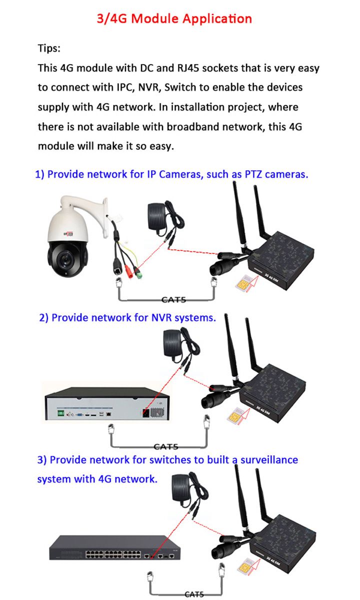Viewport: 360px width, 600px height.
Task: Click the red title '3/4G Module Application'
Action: tap(174, 19)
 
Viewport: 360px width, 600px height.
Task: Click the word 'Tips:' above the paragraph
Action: tap(49, 48)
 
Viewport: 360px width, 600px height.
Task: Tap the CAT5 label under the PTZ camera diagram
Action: tap(174, 300)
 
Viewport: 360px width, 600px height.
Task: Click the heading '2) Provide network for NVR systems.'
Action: tap(127, 317)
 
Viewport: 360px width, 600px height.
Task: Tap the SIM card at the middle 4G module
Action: tap(234, 415)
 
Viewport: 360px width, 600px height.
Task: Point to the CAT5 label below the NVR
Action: tap(166, 446)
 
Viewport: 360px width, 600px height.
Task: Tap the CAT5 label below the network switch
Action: tap(194, 594)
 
